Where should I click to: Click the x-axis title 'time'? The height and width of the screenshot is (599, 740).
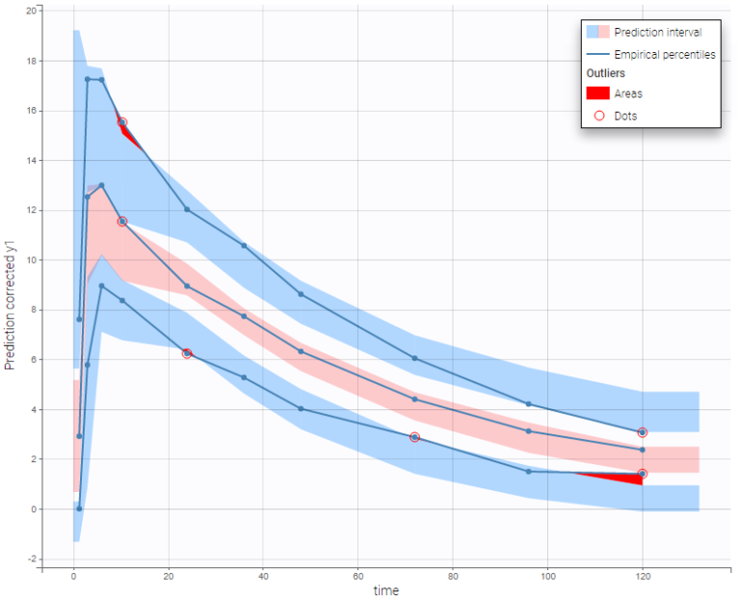(x=387, y=589)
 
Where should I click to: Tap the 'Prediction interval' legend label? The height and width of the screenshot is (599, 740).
(x=658, y=32)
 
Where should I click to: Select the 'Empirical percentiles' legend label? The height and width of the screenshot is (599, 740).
(x=664, y=55)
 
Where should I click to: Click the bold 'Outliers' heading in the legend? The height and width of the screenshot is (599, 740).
(x=606, y=73)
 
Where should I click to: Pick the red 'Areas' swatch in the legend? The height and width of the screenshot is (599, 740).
(x=598, y=94)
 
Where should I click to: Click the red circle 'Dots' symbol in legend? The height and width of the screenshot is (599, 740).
(x=598, y=116)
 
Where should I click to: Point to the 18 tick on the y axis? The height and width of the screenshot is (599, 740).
(x=32, y=61)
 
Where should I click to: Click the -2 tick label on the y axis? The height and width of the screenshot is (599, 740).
(x=32, y=559)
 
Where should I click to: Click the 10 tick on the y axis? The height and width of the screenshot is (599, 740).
(x=32, y=260)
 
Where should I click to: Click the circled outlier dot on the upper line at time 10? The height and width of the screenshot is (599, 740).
(x=122, y=122)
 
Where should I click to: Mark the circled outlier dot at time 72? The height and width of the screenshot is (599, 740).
(x=414, y=437)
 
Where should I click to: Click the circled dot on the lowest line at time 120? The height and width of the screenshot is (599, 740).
(x=643, y=474)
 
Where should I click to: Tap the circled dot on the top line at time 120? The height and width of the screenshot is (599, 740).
(x=643, y=432)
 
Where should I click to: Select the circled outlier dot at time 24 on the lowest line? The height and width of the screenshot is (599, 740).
(x=187, y=353)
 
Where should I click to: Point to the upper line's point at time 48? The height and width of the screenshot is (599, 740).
(x=301, y=294)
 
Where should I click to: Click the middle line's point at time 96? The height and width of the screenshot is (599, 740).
(x=529, y=430)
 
